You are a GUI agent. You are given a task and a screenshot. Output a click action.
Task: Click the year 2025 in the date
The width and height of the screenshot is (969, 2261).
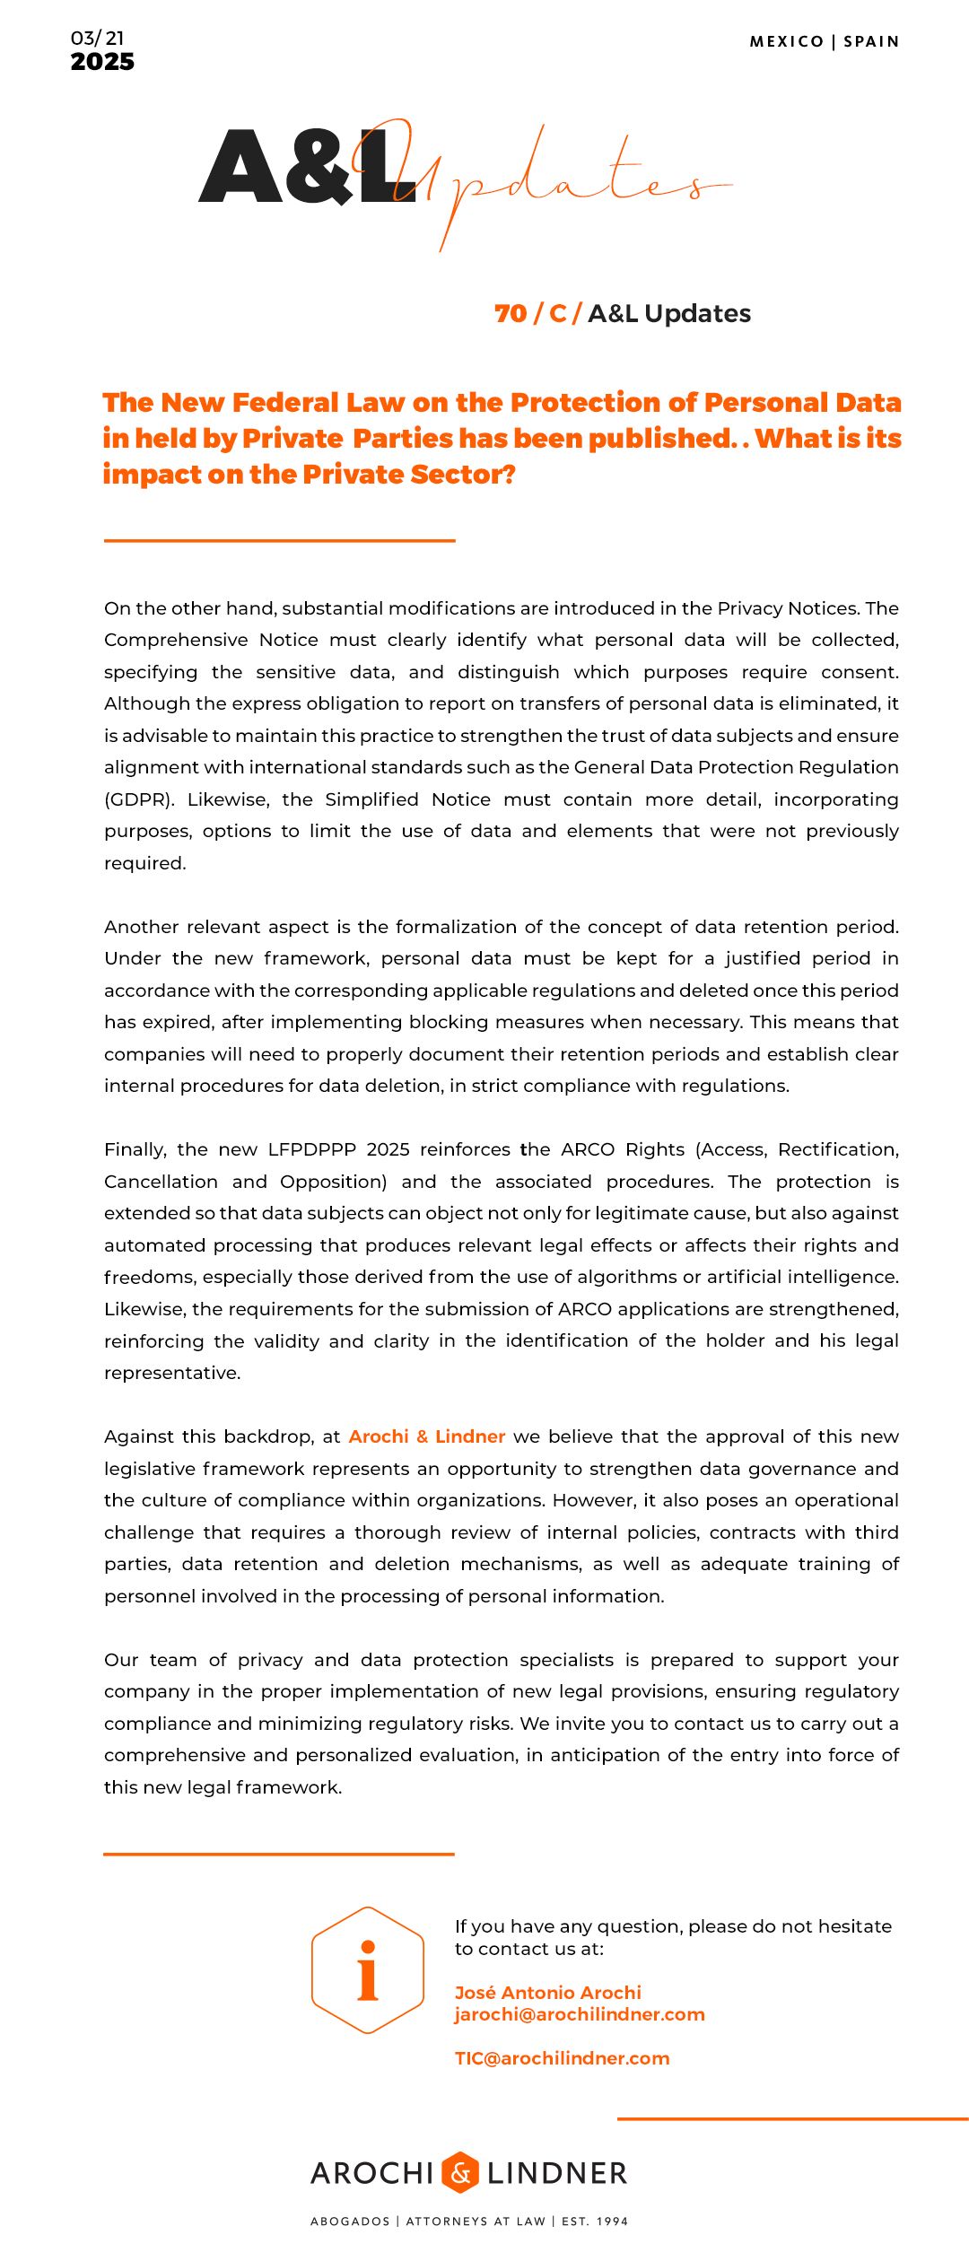pos(102,62)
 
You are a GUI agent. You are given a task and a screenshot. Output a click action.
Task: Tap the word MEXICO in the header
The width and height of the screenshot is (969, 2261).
pos(787,41)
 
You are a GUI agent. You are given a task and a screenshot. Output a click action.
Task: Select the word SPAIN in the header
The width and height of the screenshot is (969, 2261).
pos(871,41)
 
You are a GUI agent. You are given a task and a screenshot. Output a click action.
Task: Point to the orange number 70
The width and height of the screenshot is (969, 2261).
pos(511,313)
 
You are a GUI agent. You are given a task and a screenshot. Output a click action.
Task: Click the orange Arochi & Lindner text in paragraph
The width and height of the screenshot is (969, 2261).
pos(427,1436)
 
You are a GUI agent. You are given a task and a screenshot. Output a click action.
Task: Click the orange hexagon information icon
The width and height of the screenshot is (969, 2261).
pos(368,1969)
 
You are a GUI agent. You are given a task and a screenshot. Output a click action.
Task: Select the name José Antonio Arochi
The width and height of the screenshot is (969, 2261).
pos(548,1993)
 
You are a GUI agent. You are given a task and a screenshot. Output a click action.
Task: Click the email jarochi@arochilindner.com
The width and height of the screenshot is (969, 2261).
pos(580,2014)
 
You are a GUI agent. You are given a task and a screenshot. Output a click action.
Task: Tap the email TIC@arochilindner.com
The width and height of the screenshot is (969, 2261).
pos(563,2058)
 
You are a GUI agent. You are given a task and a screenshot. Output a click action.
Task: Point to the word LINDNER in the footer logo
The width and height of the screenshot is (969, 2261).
pos(557,2173)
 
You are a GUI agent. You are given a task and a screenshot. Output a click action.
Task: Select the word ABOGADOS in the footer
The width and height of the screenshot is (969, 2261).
pos(350,2221)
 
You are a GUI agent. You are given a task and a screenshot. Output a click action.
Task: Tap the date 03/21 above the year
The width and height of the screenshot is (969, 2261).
pos(98,38)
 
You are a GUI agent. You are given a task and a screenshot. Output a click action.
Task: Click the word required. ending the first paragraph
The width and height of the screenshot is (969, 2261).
pos(145,863)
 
